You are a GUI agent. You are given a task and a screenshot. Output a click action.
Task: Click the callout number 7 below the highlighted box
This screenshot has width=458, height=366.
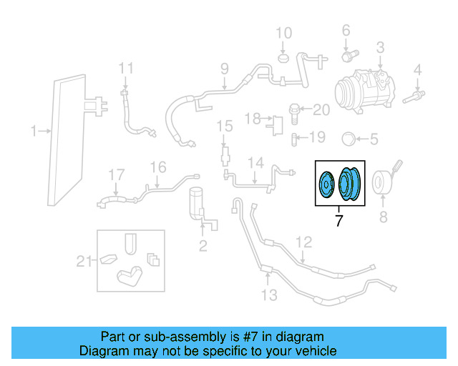pos(338,222)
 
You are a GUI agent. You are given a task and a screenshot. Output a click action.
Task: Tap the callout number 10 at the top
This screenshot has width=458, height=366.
pos(284,33)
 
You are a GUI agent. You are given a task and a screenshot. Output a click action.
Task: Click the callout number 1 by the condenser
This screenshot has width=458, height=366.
pos(34,131)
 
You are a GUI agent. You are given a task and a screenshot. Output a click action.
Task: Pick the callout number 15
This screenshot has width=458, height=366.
pos(225,127)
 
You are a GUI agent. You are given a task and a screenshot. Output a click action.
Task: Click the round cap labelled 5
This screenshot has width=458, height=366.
pos(349,138)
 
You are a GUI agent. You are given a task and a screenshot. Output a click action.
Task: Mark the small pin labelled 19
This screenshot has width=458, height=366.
pos(295,137)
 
